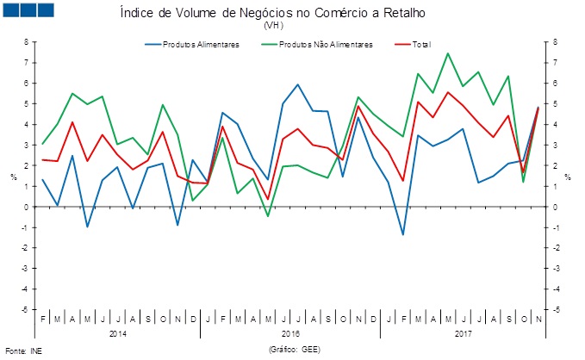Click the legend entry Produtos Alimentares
click(201, 45)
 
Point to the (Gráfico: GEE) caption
click(294, 351)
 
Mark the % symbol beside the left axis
click(12, 177)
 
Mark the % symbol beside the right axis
click(568, 177)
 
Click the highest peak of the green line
click(448, 53)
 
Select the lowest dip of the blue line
click(402, 234)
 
